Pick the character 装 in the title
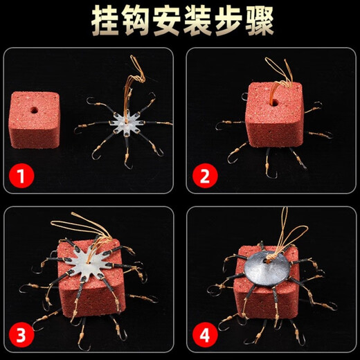tap(197, 22)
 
